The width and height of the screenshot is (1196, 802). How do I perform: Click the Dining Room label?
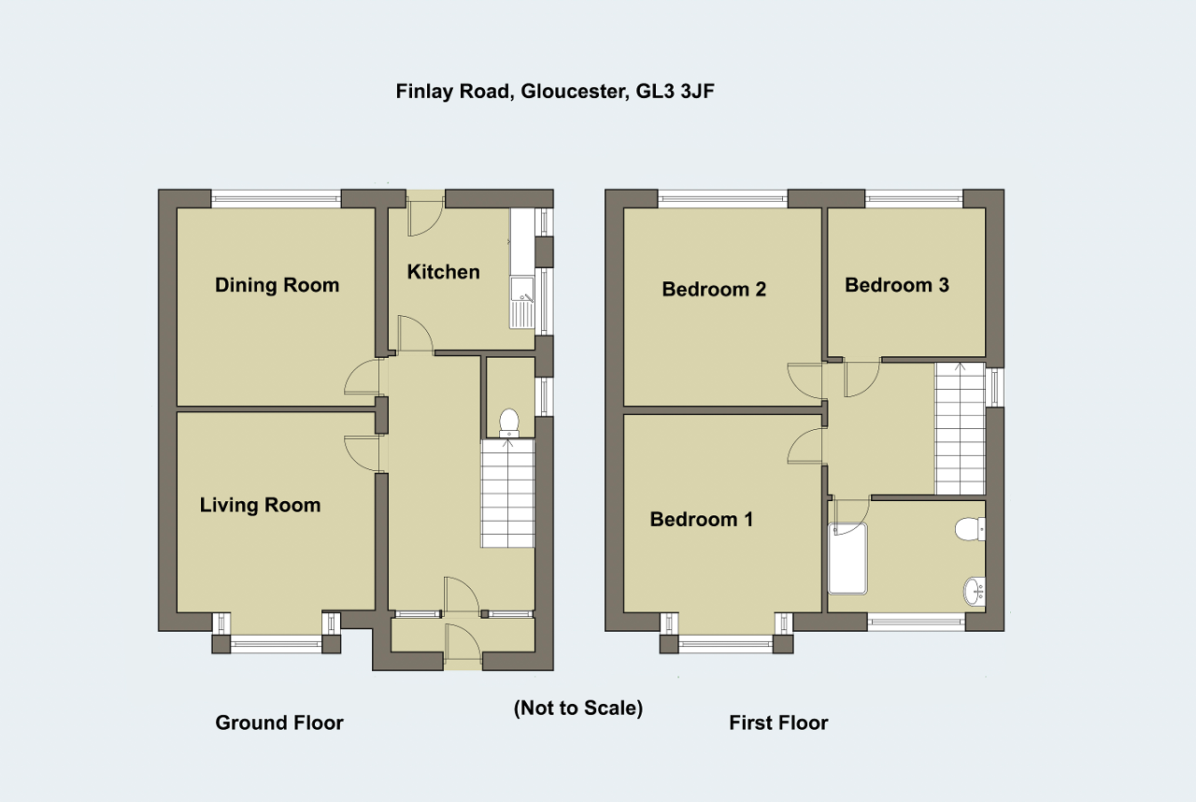click(278, 285)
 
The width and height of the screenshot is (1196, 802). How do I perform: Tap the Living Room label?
click(260, 505)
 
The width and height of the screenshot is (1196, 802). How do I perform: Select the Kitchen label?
click(443, 272)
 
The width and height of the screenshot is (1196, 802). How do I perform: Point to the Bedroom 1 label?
click(701, 519)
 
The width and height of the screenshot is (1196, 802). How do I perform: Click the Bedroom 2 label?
click(714, 289)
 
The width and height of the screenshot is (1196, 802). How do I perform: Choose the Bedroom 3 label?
click(897, 284)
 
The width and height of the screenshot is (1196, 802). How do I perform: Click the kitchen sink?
click(521, 302)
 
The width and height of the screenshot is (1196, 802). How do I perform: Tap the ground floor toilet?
click(509, 423)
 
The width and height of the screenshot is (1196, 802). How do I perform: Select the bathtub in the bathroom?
click(847, 559)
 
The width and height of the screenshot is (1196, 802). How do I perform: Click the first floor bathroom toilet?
click(970, 529)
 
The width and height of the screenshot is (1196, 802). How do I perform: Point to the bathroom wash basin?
click(975, 592)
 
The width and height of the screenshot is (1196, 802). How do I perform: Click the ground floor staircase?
click(507, 494)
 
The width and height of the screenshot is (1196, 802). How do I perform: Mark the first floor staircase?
click(960, 429)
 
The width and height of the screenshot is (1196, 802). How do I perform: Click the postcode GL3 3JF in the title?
click(675, 92)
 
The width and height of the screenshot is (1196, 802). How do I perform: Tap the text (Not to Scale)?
click(578, 708)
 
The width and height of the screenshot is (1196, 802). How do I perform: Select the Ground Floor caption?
click(279, 723)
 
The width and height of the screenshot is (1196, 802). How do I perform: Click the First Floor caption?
click(778, 723)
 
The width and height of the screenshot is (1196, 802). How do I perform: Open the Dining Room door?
click(364, 377)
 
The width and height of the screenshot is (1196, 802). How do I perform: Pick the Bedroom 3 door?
click(861, 380)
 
